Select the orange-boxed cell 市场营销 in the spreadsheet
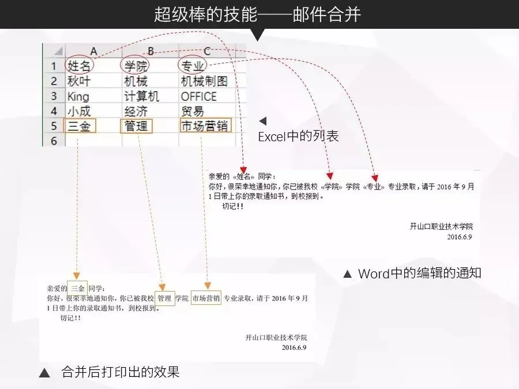coord(205,126)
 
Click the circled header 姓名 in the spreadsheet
coord(80,66)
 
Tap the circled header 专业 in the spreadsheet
coord(193,66)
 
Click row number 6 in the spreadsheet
coord(54,141)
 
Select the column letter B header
coord(151,51)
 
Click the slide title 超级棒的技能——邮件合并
coord(257,14)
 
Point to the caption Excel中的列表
coord(298,137)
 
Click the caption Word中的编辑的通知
coord(419,273)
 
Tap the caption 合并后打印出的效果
coord(121,372)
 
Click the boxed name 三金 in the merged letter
coord(77,287)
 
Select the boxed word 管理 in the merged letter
coord(164,298)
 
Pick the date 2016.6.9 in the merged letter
coord(294,348)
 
